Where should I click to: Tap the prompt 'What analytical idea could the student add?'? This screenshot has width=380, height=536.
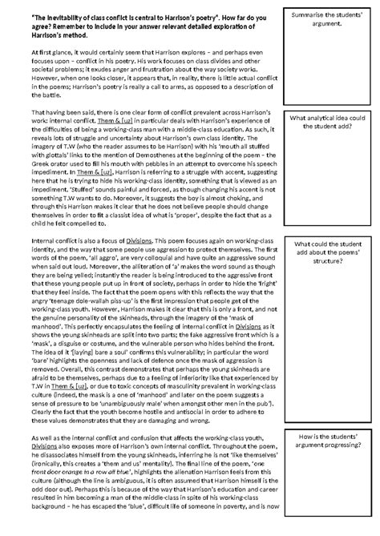(x=325, y=122)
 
